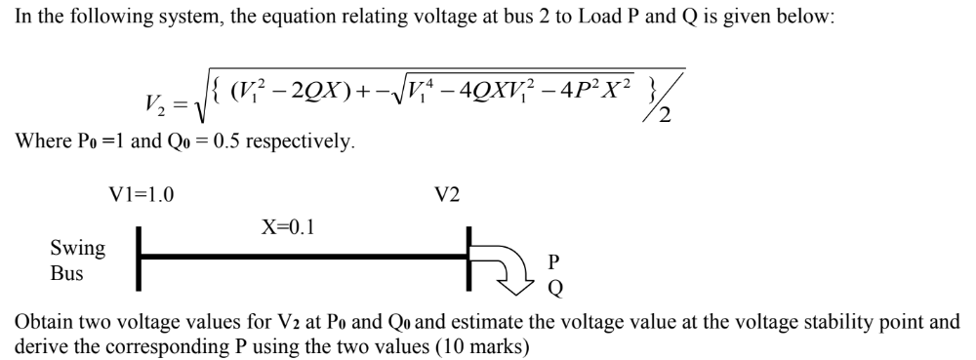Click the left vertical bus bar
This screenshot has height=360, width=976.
click(x=141, y=258)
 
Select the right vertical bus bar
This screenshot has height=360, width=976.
click(x=469, y=258)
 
